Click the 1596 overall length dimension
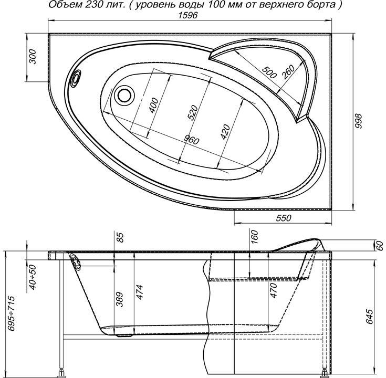point(187,15)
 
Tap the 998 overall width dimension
point(359,121)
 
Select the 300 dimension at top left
point(33,57)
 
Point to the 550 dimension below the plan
point(284,218)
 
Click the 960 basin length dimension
point(192,140)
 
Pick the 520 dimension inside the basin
point(193,112)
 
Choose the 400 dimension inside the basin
point(153,106)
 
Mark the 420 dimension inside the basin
point(225,132)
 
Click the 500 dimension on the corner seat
point(269,72)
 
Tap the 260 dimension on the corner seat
point(288,71)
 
